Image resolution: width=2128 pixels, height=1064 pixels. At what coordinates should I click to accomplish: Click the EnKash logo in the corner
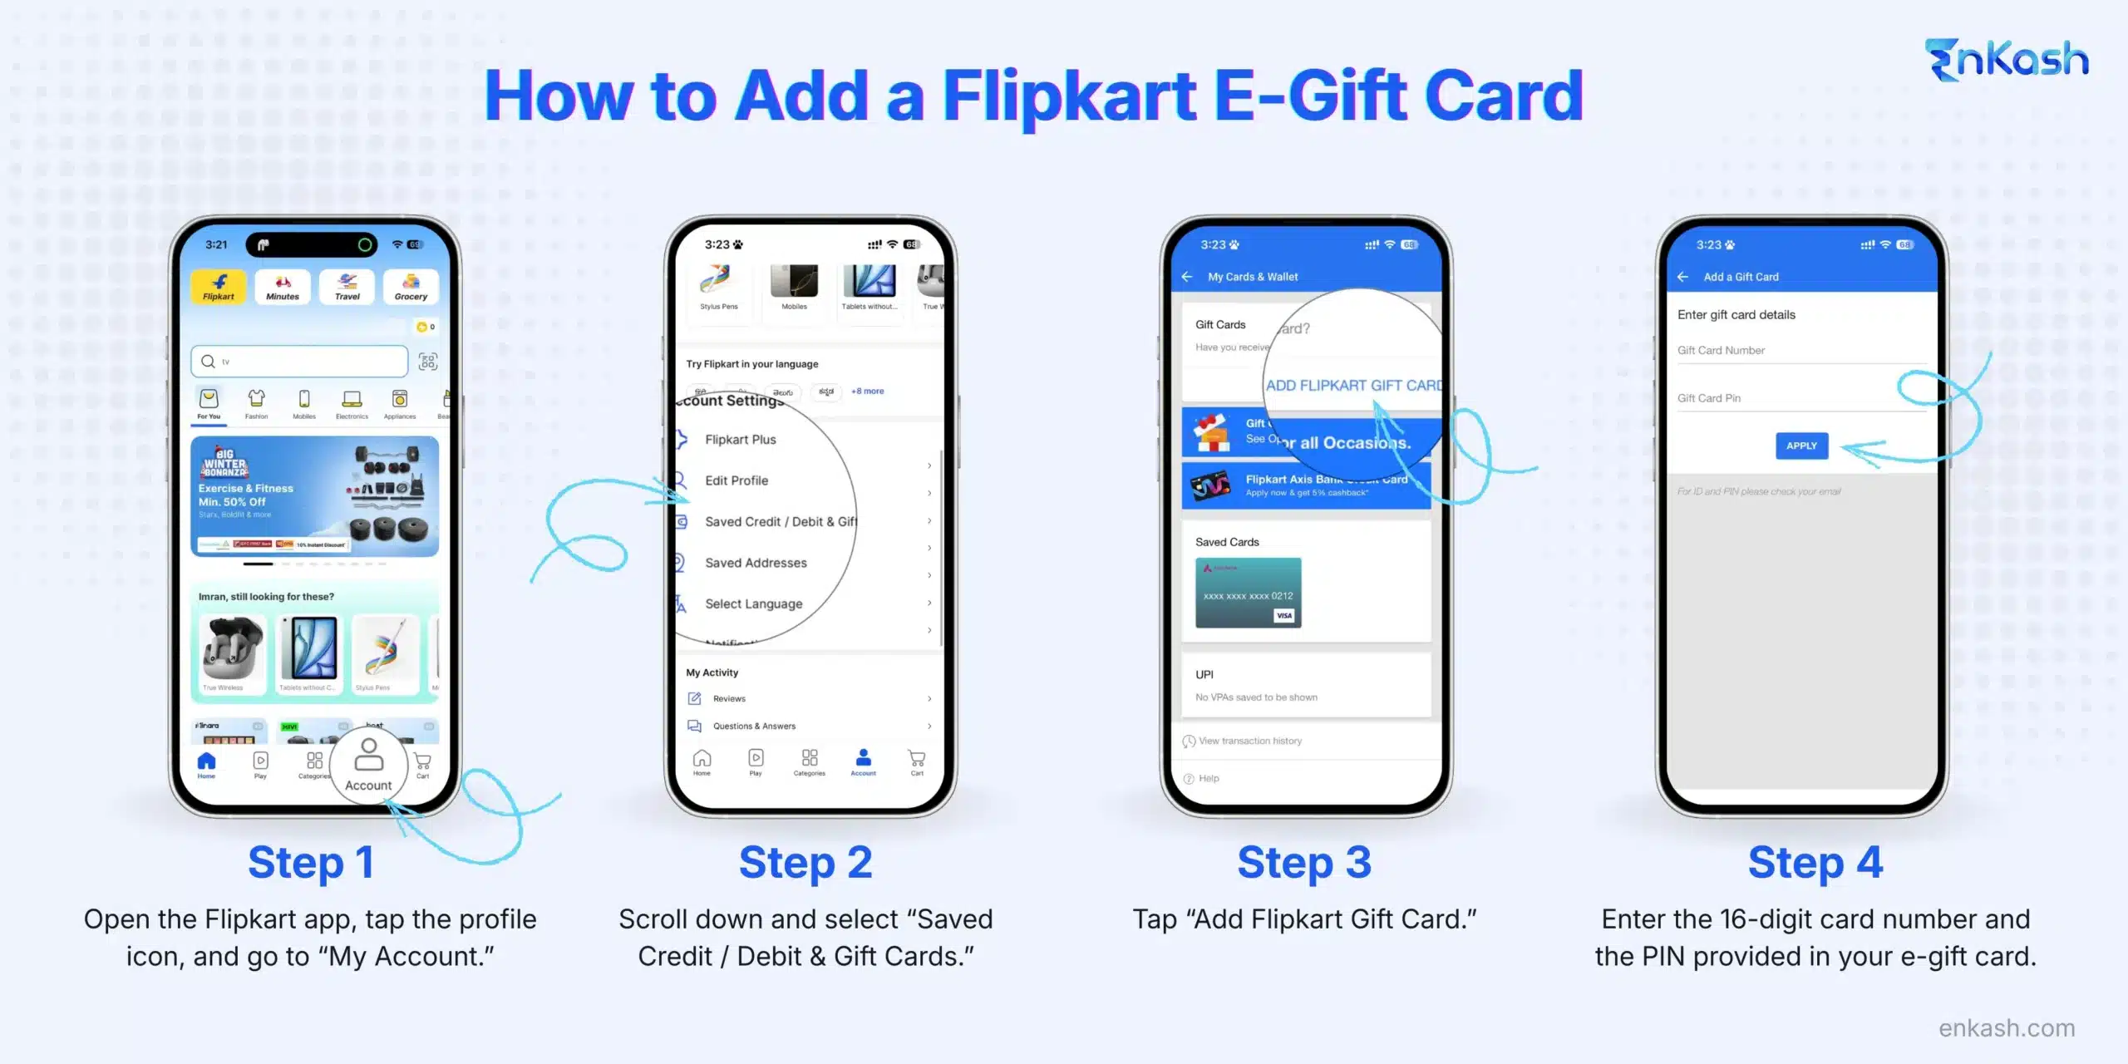(2006, 61)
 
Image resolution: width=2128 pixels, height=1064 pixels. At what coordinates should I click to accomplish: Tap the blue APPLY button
(1801, 446)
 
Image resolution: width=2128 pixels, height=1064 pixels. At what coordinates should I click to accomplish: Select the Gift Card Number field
(1800, 351)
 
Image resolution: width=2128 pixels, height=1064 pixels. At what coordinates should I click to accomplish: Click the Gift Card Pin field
(1800, 399)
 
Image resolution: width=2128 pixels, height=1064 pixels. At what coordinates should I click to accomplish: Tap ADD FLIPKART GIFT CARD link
(1353, 386)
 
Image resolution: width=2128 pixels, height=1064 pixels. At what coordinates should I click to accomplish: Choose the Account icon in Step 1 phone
(368, 765)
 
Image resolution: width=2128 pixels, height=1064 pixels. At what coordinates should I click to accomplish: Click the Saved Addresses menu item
(756, 563)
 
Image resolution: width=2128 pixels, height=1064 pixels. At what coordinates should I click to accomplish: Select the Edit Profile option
(736, 480)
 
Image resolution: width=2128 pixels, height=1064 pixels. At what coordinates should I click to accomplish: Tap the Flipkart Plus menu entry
(740, 440)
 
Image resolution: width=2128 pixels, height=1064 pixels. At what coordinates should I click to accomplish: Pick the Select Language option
(753, 604)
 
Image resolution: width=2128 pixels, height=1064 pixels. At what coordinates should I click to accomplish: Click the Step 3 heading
(1304, 863)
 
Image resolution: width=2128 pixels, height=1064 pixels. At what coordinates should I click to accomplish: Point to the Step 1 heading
(311, 863)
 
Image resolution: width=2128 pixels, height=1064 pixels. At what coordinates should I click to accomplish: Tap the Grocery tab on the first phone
(411, 287)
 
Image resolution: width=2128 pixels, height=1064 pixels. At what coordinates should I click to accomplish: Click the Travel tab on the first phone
(347, 287)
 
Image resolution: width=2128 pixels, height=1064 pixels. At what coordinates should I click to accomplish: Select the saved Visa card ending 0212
(1248, 593)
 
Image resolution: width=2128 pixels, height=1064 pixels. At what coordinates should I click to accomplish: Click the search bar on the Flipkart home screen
(299, 362)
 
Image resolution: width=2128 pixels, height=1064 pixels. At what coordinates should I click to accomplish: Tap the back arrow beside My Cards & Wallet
(1187, 277)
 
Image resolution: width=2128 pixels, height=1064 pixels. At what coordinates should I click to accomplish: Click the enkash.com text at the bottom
(2007, 1028)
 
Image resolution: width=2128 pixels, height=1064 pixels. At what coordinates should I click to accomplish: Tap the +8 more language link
(867, 392)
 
